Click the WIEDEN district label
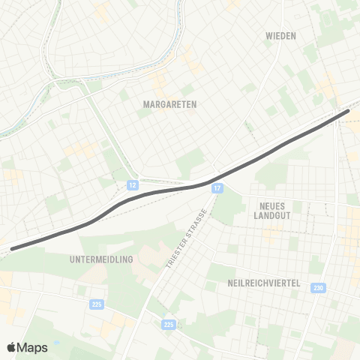[x=280, y=35]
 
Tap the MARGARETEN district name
[x=169, y=105]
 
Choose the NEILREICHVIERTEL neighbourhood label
[x=263, y=283]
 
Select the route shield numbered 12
[x=133, y=184]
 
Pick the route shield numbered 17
[x=217, y=187]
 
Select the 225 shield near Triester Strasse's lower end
[x=169, y=324]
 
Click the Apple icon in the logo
[x=12, y=347]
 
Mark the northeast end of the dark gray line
[x=347, y=112]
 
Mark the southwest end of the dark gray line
[x=13, y=247]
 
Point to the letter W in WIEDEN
[x=268, y=35]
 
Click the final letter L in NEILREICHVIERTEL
[x=298, y=283]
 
